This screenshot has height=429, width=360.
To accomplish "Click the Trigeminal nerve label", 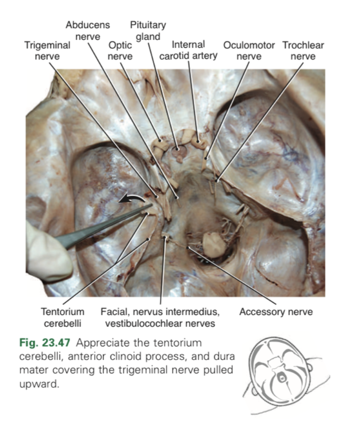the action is click(47, 51).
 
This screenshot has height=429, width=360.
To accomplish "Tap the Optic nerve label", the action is click(120, 51).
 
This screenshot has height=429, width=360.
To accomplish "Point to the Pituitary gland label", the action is click(148, 30).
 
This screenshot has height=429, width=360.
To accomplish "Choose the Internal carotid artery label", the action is click(188, 51).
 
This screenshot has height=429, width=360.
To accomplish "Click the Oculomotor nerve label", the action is click(249, 51).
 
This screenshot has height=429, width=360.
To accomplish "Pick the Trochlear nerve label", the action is click(303, 51).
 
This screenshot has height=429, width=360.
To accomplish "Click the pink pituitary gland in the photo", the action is click(179, 151).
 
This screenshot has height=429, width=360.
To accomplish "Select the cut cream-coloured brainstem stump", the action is click(213, 243).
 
